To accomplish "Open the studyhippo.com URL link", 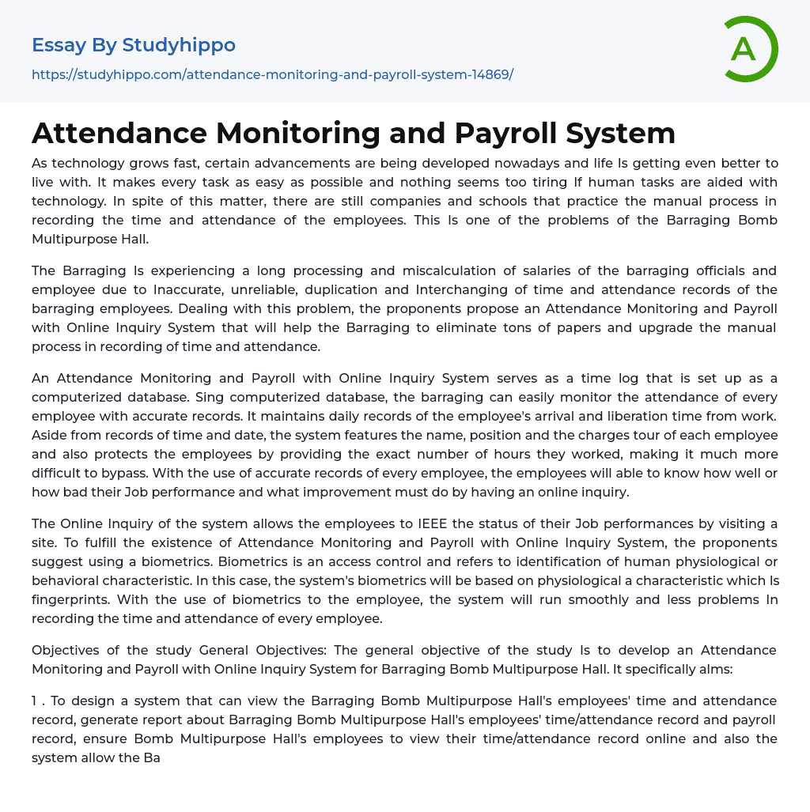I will click(x=272, y=74).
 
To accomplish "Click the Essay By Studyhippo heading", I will click(x=134, y=45).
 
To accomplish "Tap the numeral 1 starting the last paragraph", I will click(x=36, y=701).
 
